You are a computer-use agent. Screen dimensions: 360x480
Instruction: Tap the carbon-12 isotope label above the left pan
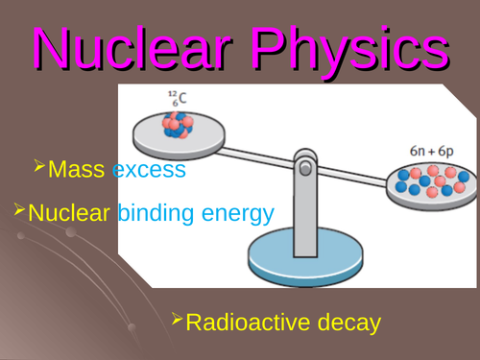[x=178, y=97]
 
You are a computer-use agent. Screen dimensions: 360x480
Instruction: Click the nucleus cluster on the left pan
[x=179, y=126]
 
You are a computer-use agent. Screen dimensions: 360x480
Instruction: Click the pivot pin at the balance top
[x=305, y=168]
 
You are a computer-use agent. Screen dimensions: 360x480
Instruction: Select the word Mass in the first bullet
[x=77, y=171]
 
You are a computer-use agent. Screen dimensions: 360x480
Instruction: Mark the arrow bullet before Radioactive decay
[x=177, y=319]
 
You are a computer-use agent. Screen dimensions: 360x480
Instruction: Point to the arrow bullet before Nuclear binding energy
[x=19, y=209]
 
